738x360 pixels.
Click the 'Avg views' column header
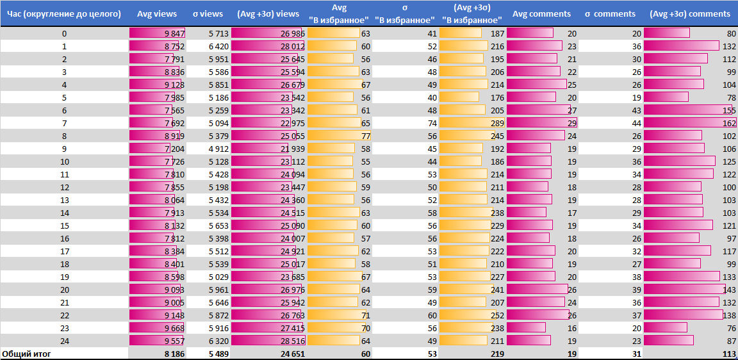(x=157, y=14)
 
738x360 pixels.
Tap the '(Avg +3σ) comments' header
(x=690, y=14)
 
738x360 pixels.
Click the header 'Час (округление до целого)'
(x=64, y=14)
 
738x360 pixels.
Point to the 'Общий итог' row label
(x=26, y=354)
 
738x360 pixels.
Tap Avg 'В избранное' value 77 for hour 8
(x=366, y=136)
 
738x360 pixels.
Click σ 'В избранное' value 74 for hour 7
(x=432, y=123)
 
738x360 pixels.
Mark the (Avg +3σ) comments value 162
(x=727, y=123)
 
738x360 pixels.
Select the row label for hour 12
(x=64, y=187)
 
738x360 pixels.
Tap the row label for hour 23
(x=64, y=328)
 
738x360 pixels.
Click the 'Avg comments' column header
(x=541, y=14)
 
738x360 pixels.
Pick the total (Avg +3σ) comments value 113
(x=727, y=354)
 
